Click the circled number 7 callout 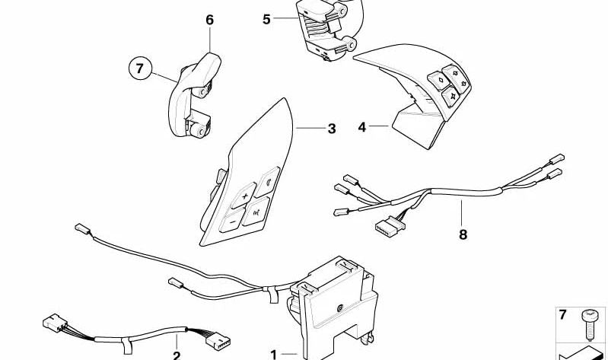(x=139, y=69)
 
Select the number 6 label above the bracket (x=210, y=21)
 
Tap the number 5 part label (x=266, y=19)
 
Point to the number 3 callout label (x=331, y=129)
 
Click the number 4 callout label (x=362, y=127)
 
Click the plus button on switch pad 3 (x=245, y=197)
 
